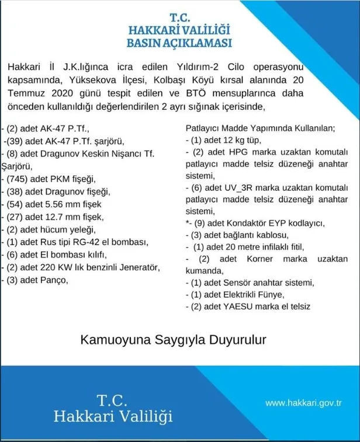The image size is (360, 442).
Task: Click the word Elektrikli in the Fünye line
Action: (241, 294)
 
